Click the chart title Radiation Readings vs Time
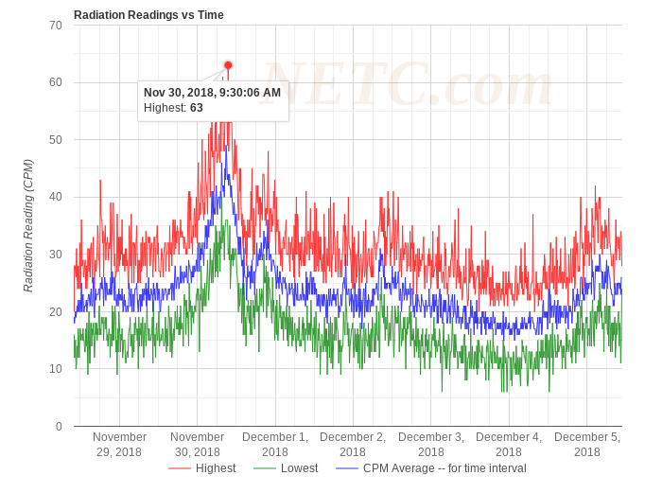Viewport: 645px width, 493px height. [148, 14]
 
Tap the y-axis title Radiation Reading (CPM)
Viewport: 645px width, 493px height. [28, 225]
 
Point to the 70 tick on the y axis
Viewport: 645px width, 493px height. [56, 25]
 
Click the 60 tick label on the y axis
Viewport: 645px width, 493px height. [56, 82]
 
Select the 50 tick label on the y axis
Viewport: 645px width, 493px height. [56, 140]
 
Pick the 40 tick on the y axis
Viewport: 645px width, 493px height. [56, 197]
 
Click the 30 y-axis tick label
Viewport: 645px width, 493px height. [56, 255]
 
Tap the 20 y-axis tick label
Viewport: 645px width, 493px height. [56, 312]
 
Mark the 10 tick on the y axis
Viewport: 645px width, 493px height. [56, 369]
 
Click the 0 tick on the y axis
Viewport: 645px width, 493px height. [59, 427]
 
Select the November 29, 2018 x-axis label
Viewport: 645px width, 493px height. [119, 445]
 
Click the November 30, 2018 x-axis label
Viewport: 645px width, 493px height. [198, 445]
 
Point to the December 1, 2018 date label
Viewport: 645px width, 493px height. [275, 445]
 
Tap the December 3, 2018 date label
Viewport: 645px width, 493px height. [431, 445]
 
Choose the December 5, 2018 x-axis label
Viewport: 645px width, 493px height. [587, 445]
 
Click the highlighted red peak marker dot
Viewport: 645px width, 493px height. [228, 65]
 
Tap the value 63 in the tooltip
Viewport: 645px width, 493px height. [197, 108]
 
